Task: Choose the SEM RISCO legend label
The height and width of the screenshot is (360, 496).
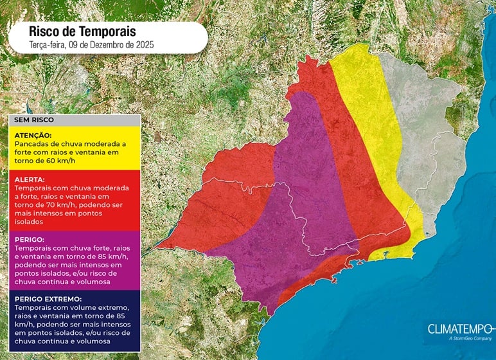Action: point(33,120)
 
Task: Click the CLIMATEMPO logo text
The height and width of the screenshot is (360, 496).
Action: point(458,329)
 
